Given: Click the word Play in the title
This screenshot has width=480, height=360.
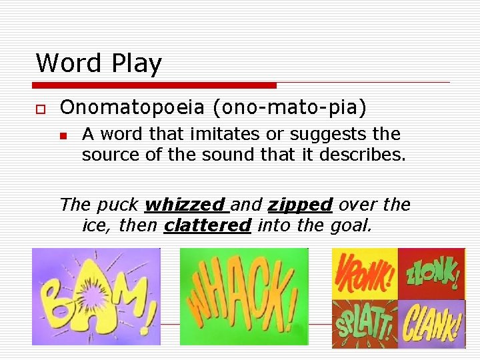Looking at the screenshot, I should (x=137, y=64).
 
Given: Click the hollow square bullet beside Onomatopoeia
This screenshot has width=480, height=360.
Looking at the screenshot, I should (x=40, y=108).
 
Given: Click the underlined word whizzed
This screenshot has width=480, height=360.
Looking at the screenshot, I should (x=184, y=205).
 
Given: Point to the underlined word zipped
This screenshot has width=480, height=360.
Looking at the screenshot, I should (x=300, y=205).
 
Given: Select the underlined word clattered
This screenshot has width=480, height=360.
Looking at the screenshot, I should (x=207, y=226).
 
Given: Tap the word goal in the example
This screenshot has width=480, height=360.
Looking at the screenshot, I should (x=351, y=226).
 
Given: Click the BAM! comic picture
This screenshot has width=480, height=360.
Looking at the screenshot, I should (x=96, y=296).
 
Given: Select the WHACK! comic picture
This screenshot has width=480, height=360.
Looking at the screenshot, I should (x=244, y=296).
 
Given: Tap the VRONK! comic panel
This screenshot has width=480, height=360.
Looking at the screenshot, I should (x=365, y=273).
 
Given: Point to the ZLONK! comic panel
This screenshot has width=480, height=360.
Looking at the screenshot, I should (x=431, y=273).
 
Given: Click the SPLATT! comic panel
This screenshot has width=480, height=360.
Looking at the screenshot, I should (x=365, y=323).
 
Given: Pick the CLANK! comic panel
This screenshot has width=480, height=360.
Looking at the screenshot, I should (x=431, y=323).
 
